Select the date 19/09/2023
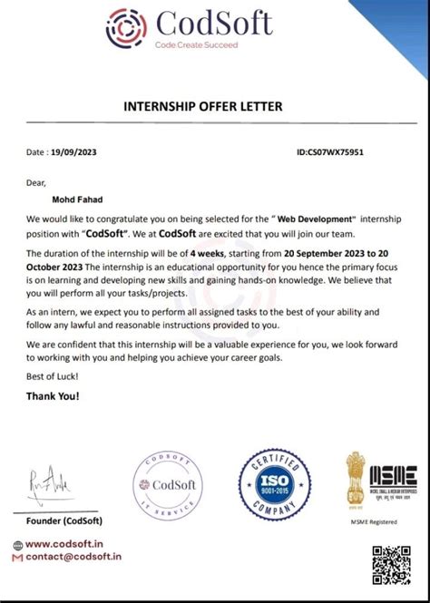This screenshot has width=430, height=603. tap(73, 152)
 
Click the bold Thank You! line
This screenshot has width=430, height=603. tap(53, 395)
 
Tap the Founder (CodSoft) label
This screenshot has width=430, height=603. tap(64, 520)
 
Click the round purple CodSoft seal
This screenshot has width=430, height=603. tap(168, 487)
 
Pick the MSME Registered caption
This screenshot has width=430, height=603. tap(375, 521)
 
